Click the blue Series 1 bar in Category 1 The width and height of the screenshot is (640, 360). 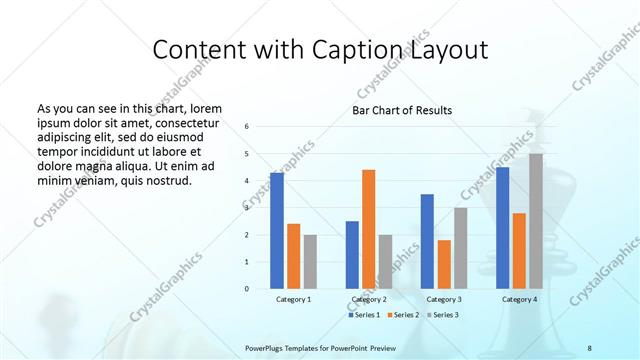point(277,231)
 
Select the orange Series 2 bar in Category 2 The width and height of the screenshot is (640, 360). point(369,229)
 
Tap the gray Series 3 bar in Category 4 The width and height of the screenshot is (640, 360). point(536,221)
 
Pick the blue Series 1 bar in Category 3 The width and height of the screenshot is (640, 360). point(427,241)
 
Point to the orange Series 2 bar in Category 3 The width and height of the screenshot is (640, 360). point(444,264)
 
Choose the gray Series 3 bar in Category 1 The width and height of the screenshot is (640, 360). point(311,262)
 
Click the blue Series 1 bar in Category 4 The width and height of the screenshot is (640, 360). point(502,228)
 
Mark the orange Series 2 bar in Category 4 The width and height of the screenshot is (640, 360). point(519,251)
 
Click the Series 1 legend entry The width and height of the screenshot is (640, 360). point(365,315)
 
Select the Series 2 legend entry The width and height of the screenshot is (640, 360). point(403,315)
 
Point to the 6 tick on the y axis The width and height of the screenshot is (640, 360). point(246,127)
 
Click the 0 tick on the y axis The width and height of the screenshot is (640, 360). point(246,289)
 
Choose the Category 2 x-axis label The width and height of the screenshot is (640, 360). point(369,299)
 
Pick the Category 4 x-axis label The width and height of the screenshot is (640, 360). point(519,299)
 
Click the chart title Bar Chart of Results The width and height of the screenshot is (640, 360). point(402,110)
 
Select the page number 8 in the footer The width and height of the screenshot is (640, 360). point(589,346)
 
